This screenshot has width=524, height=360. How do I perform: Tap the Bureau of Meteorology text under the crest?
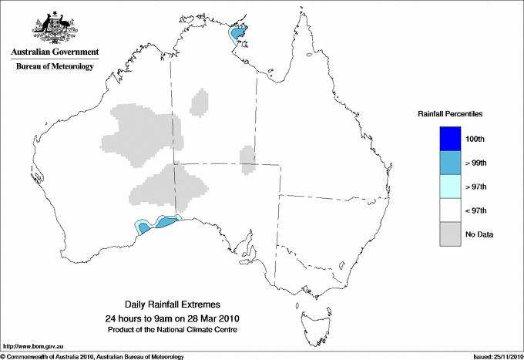[55, 67]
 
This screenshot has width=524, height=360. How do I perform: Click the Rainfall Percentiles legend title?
[450, 113]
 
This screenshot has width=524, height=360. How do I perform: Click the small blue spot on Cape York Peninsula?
[308, 55]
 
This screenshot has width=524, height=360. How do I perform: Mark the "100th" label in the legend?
[475, 139]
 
